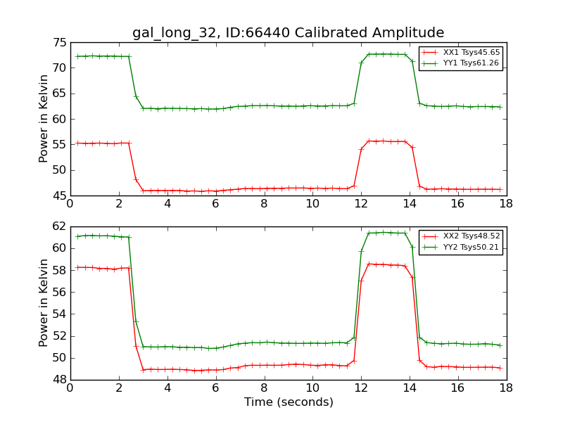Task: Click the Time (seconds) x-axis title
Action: (x=289, y=402)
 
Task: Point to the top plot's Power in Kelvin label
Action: (x=44, y=119)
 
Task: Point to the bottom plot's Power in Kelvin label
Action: (x=44, y=303)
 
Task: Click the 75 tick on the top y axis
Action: (x=58, y=42)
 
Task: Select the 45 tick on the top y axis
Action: (x=58, y=196)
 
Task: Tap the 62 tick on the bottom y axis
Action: (x=58, y=226)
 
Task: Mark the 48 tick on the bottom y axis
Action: (x=58, y=380)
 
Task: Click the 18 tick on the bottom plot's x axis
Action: (x=506, y=388)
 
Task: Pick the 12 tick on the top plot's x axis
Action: (x=361, y=203)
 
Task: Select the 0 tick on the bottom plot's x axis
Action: (x=70, y=388)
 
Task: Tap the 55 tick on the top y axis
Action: (x=58, y=144)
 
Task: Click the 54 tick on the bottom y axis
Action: (x=58, y=314)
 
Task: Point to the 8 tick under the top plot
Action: (x=264, y=203)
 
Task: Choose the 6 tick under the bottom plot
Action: (x=215, y=388)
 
